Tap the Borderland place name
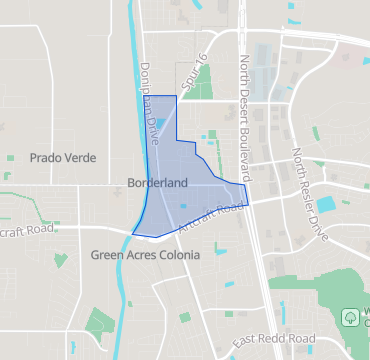point(158,184)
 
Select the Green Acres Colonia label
point(145,255)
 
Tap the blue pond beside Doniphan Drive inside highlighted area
point(162,123)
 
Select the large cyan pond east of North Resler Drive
point(326,204)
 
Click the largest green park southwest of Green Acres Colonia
point(99,322)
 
